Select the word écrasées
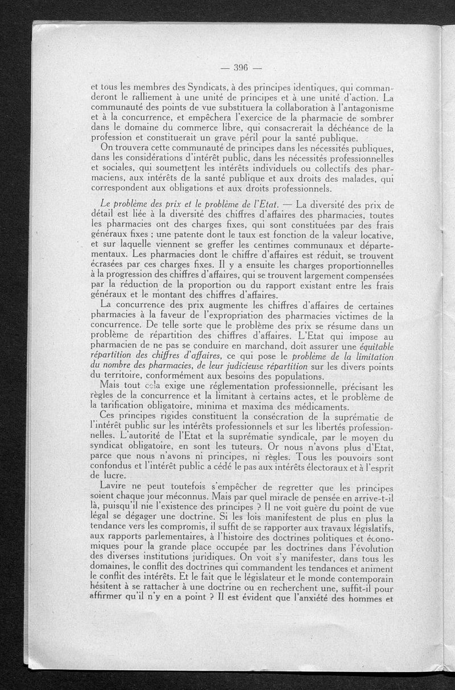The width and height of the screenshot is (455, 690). click(107, 265)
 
